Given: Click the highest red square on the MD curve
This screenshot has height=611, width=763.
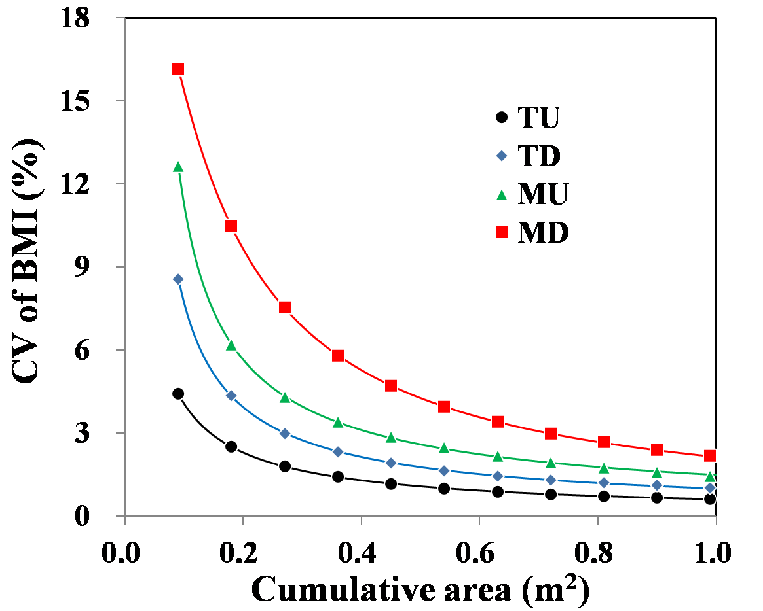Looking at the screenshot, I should (x=177, y=69).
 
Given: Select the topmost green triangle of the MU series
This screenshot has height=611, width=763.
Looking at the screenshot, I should (x=177, y=167).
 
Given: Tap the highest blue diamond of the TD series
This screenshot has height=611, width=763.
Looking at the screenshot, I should (x=177, y=279).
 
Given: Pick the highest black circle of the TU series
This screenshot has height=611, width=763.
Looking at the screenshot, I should (x=177, y=394).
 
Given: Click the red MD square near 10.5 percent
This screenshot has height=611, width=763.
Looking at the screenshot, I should (x=231, y=226).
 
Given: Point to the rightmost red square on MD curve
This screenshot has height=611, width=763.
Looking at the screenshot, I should (x=709, y=455).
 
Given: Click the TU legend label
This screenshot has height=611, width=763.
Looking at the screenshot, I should (x=538, y=118).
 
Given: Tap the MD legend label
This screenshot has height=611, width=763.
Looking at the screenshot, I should (x=543, y=232).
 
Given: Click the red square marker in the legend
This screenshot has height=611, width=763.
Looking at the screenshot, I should (x=502, y=232).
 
